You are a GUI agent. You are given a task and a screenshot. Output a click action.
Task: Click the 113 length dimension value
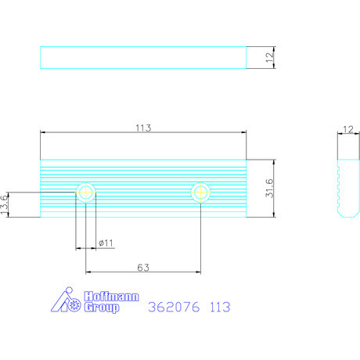(143, 128)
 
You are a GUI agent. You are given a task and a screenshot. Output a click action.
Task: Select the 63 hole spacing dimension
(143, 268)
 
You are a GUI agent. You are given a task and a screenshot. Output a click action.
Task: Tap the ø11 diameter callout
(106, 243)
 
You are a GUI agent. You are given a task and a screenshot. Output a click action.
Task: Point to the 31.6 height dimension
(270, 188)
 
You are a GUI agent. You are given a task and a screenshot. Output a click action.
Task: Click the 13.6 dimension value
(5, 205)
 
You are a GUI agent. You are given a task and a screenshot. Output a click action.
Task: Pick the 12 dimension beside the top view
(270, 57)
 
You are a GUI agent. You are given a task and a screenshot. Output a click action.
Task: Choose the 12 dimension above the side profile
(348, 129)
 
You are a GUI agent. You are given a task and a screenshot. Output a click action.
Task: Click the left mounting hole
(86, 193)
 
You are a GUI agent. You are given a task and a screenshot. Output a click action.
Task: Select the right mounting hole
(200, 193)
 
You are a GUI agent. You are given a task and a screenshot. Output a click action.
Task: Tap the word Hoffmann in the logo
(111, 297)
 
